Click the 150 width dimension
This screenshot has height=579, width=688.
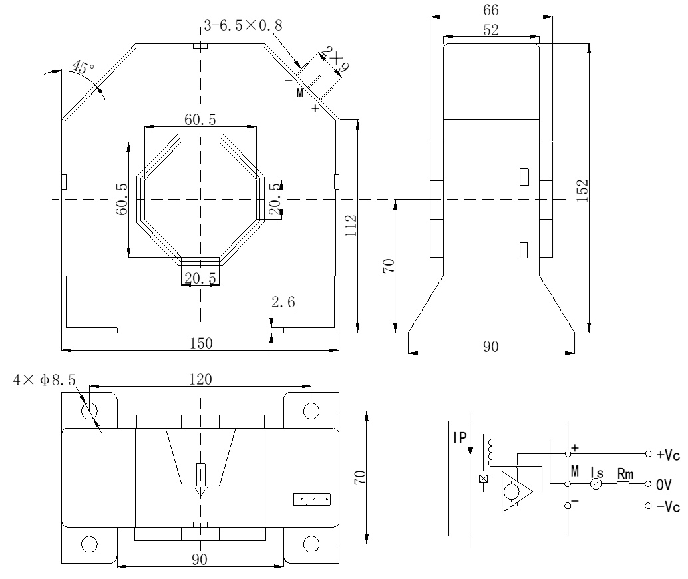[x=201, y=343]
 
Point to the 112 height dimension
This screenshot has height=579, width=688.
[x=351, y=225]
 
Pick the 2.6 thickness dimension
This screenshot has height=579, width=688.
[x=283, y=303]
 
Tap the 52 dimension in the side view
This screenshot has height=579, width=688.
[x=491, y=30]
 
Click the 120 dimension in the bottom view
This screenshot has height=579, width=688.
[x=200, y=379]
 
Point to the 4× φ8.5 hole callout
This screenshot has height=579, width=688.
[x=45, y=380]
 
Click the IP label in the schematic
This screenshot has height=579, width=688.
[x=459, y=437]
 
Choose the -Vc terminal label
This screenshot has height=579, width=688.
[x=667, y=507]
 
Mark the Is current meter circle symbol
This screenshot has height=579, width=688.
[x=597, y=484]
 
